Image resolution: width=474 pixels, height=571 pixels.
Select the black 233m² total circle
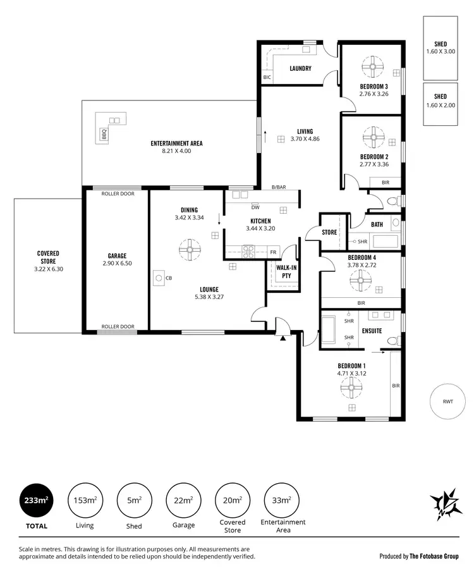[35, 500]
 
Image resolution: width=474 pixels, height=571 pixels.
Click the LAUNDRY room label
[300, 68]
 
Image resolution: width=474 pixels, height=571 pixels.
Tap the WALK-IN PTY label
[282, 271]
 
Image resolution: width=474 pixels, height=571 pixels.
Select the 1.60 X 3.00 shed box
[441, 47]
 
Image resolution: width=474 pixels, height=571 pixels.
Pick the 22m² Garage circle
[183, 500]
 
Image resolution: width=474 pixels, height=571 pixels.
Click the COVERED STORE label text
[48, 257]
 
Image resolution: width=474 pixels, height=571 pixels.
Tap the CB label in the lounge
[169, 278]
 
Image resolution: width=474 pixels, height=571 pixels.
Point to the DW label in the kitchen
[255, 207]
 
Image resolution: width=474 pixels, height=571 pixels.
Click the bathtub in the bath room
[384, 241]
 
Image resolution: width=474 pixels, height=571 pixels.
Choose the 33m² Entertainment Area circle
[282, 500]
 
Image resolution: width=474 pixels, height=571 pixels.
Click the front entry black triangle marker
[283, 339]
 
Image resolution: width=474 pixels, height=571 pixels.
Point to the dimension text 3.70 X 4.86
[305, 139]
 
